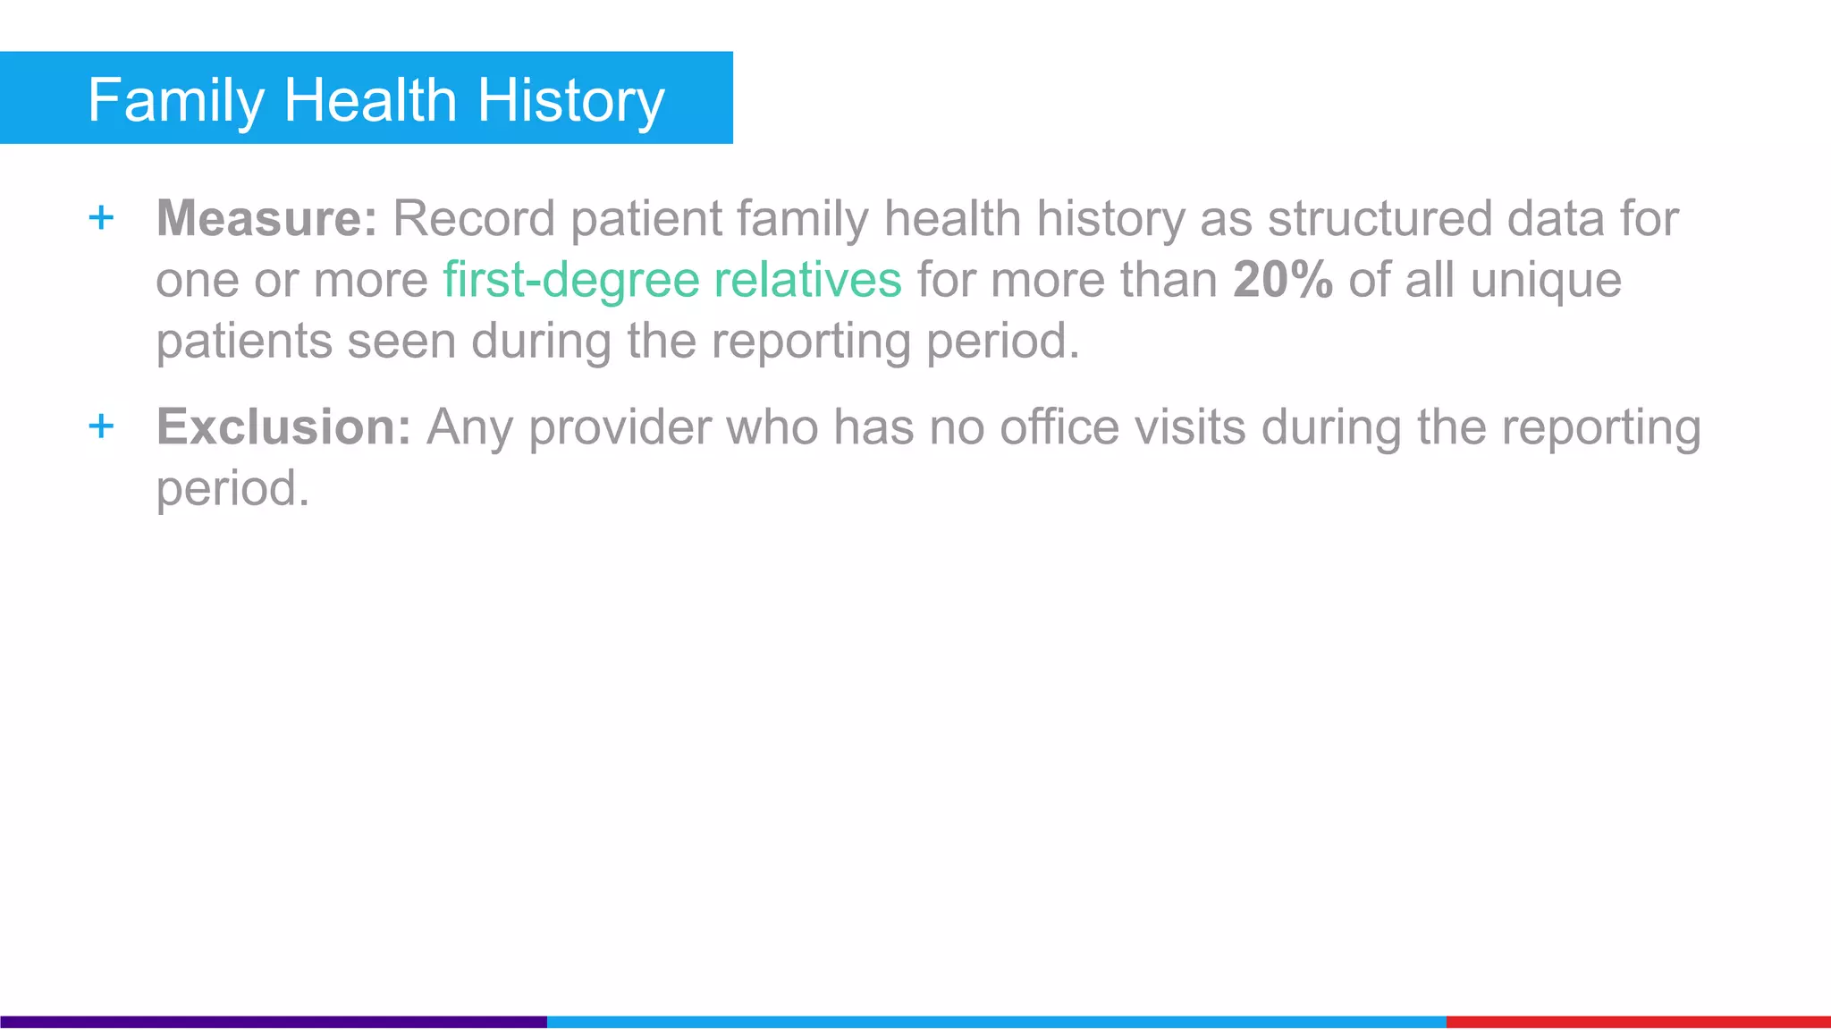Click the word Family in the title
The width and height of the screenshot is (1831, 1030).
pyautogui.click(x=175, y=100)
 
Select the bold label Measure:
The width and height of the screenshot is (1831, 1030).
pyautogui.click(x=267, y=218)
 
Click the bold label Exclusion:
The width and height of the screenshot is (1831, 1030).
pyautogui.click(x=283, y=426)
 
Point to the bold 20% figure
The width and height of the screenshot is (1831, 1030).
pyautogui.click(x=1283, y=280)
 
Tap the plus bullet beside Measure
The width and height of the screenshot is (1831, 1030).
pyautogui.click(x=102, y=217)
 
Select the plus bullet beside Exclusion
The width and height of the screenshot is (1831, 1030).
pyautogui.click(x=102, y=426)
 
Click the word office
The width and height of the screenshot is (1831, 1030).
pyautogui.click(x=1059, y=426)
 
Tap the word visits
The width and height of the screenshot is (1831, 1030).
pyautogui.click(x=1190, y=426)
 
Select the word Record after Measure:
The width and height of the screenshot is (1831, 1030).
pyautogui.click(x=474, y=218)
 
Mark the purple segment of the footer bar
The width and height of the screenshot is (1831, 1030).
pyautogui.click(x=273, y=1021)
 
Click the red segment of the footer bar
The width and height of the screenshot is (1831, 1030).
pyautogui.click(x=1638, y=1021)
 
